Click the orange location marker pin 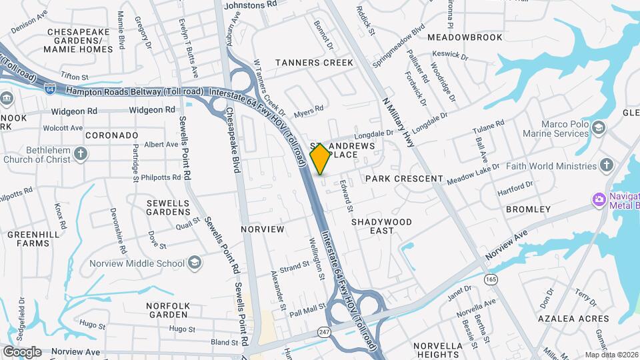(320, 159)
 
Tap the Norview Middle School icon (194, 263)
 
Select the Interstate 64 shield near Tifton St (50, 87)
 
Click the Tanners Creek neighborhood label (315, 63)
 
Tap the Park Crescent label (404, 179)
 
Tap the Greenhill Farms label (29, 239)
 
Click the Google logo (22, 351)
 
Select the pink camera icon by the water (599, 199)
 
